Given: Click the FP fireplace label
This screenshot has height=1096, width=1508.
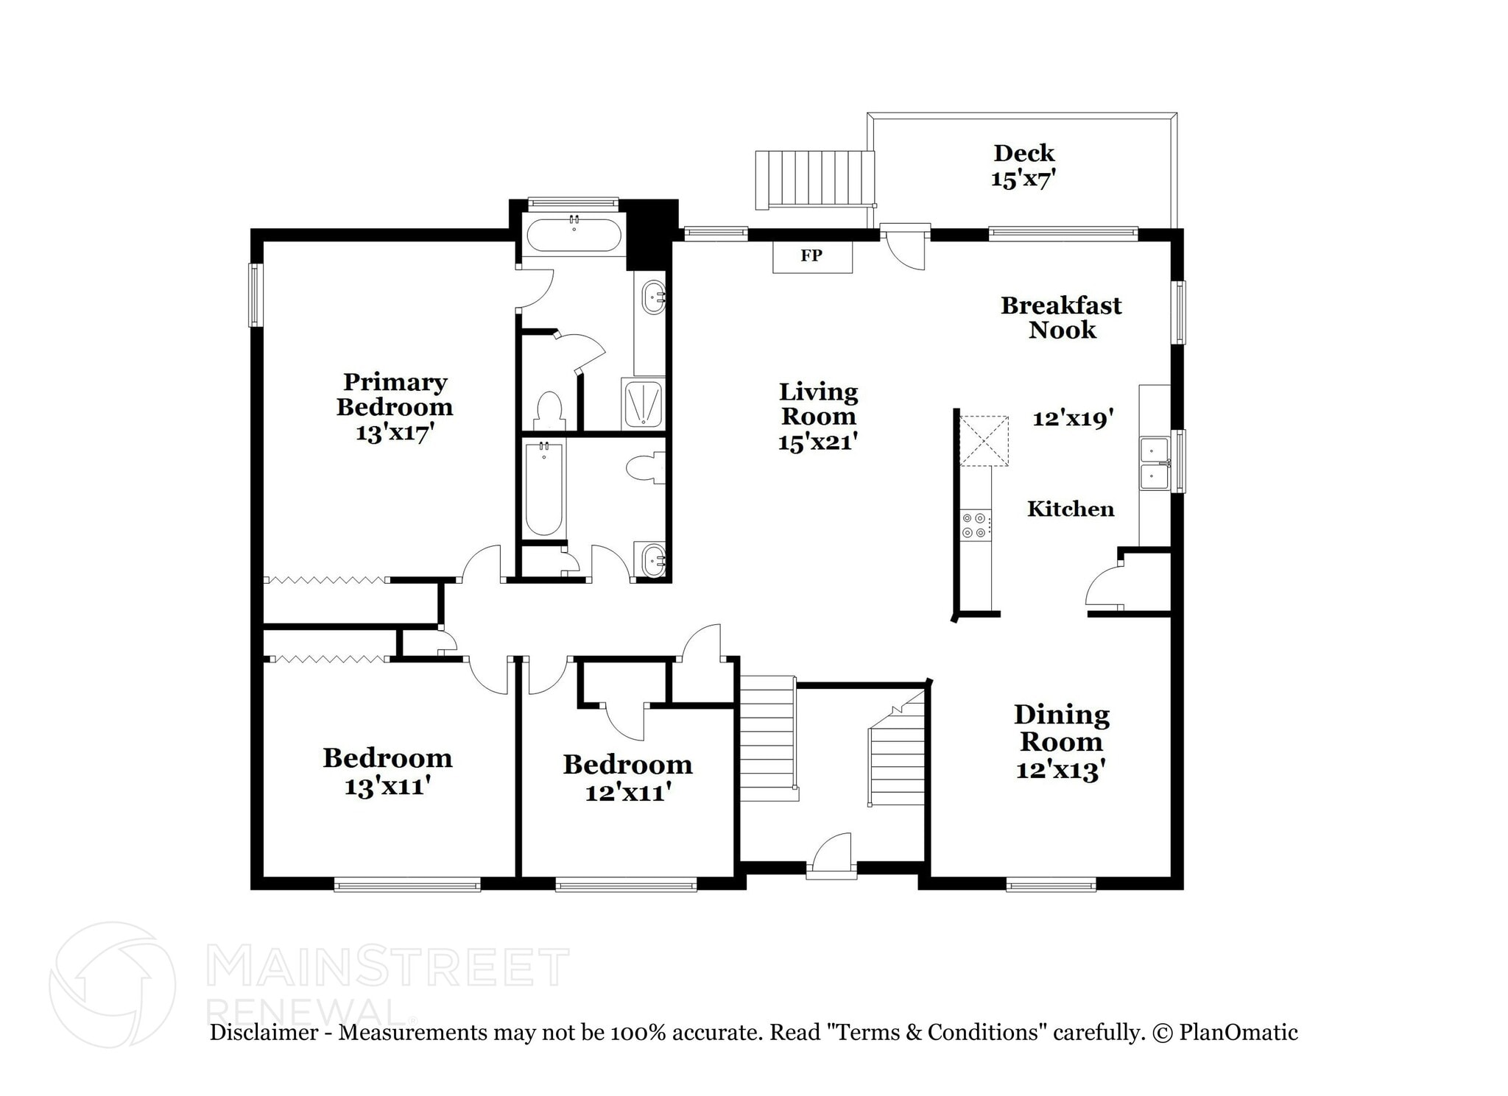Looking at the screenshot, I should click(x=811, y=256).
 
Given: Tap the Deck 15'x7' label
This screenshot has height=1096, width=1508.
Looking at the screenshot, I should click(x=1023, y=166).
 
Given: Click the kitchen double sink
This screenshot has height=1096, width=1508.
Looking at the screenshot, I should click(x=1154, y=463).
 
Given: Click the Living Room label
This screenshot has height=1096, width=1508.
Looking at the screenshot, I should click(x=818, y=403).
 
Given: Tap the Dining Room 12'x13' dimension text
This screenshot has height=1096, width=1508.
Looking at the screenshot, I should click(x=1060, y=771).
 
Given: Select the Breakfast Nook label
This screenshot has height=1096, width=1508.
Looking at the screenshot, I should click(x=1061, y=317).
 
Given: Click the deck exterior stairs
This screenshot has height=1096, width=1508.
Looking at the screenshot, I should click(x=814, y=179).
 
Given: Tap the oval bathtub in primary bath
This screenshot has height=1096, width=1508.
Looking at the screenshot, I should click(x=574, y=235).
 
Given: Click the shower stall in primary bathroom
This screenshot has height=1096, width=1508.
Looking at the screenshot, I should click(x=643, y=403).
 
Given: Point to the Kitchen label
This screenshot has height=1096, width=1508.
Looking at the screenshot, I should click(x=1070, y=509).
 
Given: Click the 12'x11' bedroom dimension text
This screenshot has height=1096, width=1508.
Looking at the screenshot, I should click(x=627, y=793).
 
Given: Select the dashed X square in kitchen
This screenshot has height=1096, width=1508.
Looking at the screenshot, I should click(x=983, y=441).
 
